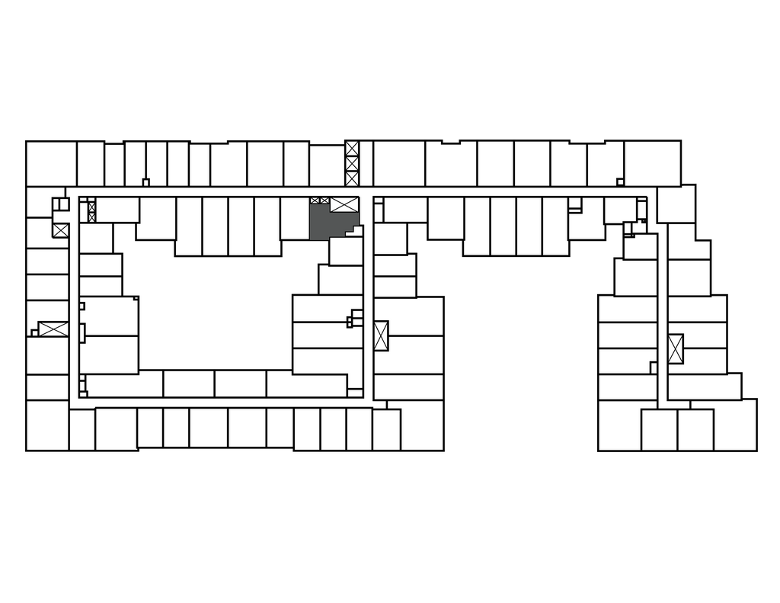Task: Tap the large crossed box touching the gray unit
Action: [x=344, y=204]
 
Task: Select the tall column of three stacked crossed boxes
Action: [x=352, y=163]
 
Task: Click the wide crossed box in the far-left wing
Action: [x=53, y=329]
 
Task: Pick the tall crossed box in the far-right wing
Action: [x=676, y=348]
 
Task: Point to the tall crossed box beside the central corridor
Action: [x=381, y=335]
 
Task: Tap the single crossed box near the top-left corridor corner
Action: [x=60, y=229]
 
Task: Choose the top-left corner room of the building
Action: [x=51, y=163]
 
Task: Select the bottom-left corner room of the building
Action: [x=47, y=425]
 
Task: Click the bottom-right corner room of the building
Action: [x=735, y=425]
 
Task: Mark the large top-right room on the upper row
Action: [x=652, y=162]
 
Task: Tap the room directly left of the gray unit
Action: [x=294, y=218]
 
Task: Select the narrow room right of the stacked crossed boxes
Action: [x=366, y=163]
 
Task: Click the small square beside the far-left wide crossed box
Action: [x=34, y=332]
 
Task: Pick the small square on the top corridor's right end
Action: [x=620, y=181]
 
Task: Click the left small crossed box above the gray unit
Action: [x=315, y=200]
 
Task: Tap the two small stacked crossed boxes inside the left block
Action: [x=92, y=210]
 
